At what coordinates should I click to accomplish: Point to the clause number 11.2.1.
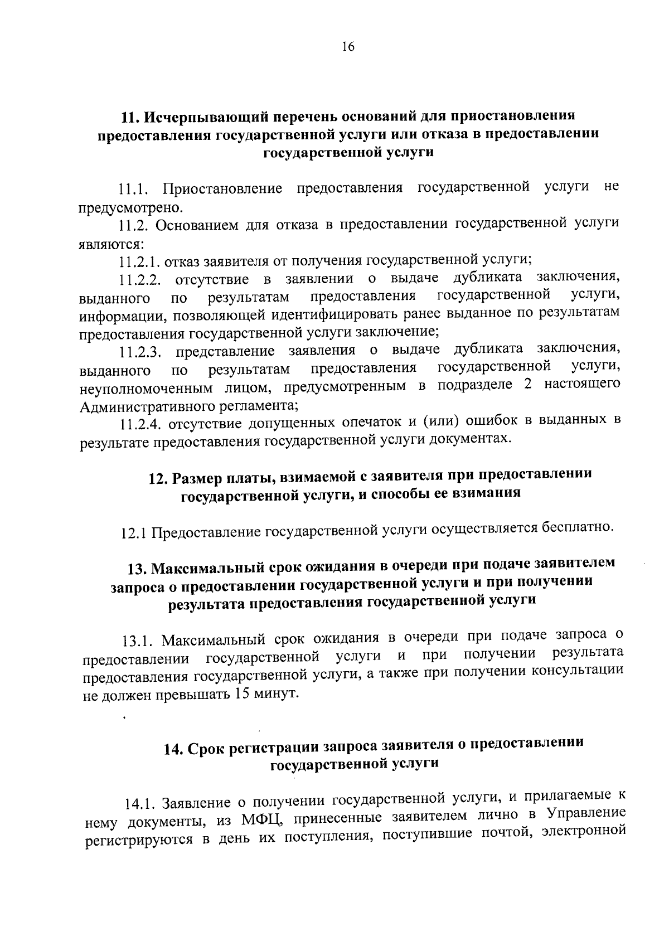click(139, 261)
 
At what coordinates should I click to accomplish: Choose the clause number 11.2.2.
click(140, 279)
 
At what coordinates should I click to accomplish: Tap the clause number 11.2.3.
click(140, 352)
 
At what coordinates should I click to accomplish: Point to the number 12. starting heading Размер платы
click(157, 478)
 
